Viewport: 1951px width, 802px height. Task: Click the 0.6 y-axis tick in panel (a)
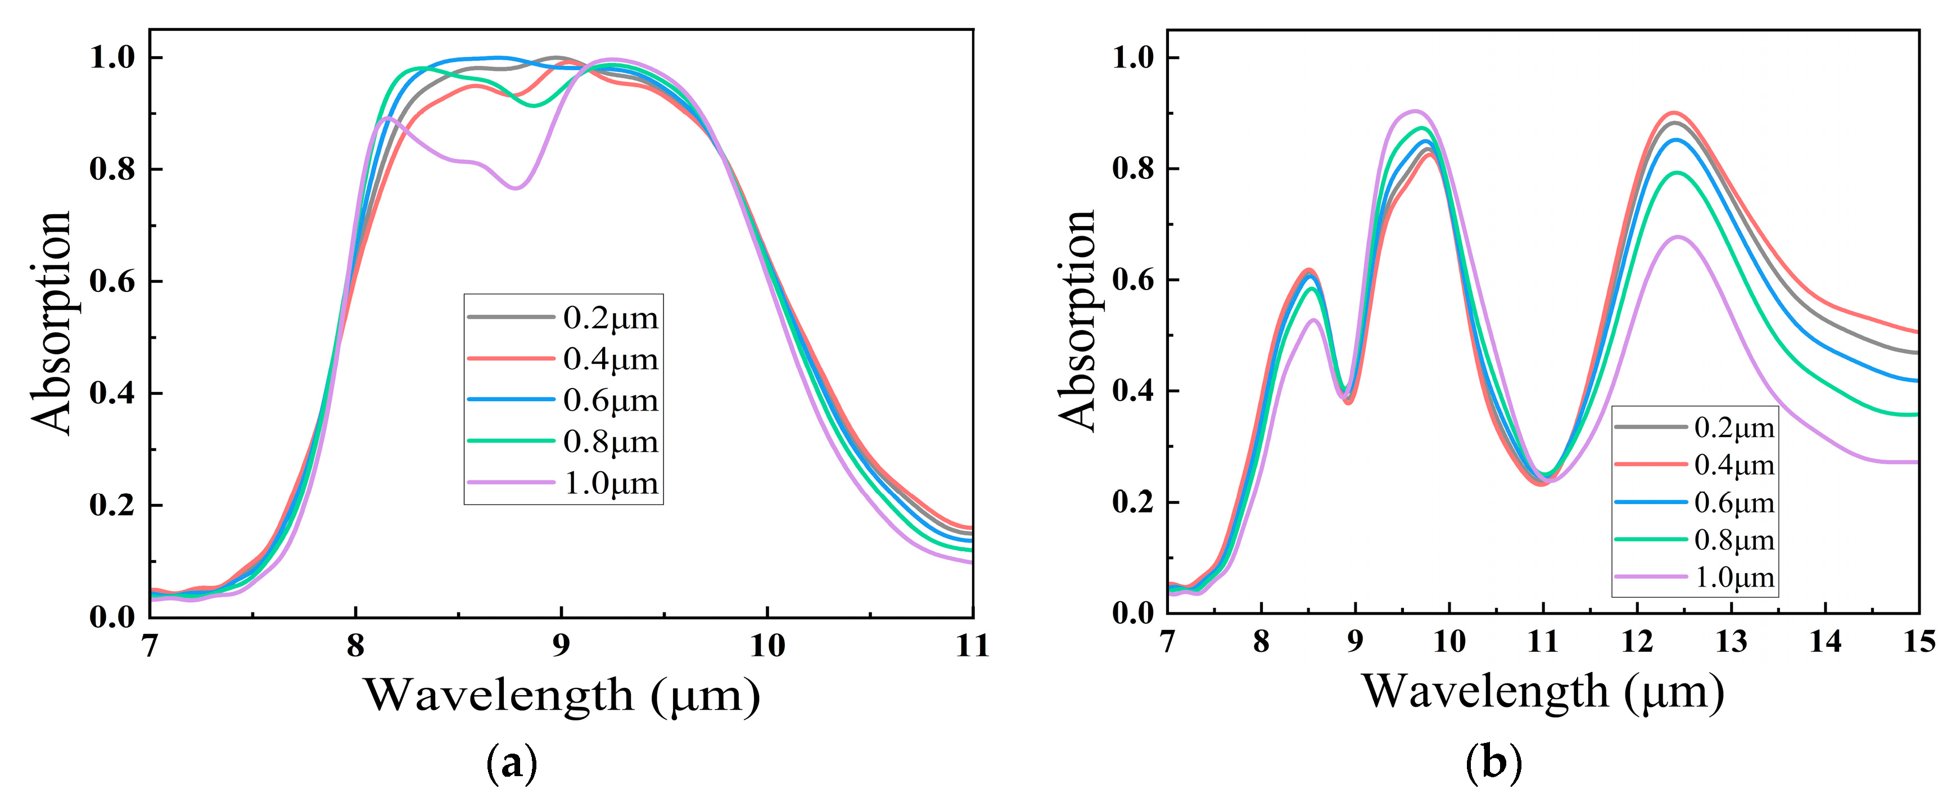click(114, 282)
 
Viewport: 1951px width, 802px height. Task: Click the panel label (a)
click(512, 763)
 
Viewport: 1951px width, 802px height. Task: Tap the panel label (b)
click(1493, 762)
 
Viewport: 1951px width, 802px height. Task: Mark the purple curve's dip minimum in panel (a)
click(516, 188)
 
